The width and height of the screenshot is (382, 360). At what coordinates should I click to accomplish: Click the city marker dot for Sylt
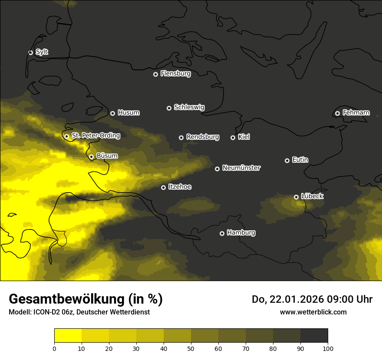coord(30,52)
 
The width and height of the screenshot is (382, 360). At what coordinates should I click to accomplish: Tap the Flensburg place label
coord(175,74)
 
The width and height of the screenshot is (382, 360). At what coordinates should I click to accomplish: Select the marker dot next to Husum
coord(112,113)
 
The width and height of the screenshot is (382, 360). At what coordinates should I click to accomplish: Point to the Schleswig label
coord(189,107)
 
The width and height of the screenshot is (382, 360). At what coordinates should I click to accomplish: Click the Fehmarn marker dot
coord(337,113)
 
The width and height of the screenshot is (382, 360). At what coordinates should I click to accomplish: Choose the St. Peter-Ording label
coord(95,136)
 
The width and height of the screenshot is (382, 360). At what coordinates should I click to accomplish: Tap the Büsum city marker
coord(91,157)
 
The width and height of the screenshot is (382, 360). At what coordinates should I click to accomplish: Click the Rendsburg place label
coord(202,137)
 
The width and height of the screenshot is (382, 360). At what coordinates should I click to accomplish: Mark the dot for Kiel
coord(233,137)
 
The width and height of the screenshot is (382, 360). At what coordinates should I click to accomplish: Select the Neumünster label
coord(241,168)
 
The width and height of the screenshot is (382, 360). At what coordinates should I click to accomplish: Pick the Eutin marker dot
coord(287,160)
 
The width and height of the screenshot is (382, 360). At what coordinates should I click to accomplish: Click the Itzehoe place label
coord(180,187)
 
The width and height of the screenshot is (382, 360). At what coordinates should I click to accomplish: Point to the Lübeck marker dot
coord(296,197)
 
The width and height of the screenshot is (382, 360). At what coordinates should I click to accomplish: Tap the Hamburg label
coord(241,232)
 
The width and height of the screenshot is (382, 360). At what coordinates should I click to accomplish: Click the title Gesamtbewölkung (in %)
coord(86,299)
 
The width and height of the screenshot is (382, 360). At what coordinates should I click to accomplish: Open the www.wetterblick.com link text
coord(313,312)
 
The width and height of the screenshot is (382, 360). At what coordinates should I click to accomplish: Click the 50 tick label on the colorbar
coord(191,348)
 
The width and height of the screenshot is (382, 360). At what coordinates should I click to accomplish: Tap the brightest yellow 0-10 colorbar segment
coord(68,336)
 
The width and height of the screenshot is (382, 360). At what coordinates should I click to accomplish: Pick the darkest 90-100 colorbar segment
coord(314,336)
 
